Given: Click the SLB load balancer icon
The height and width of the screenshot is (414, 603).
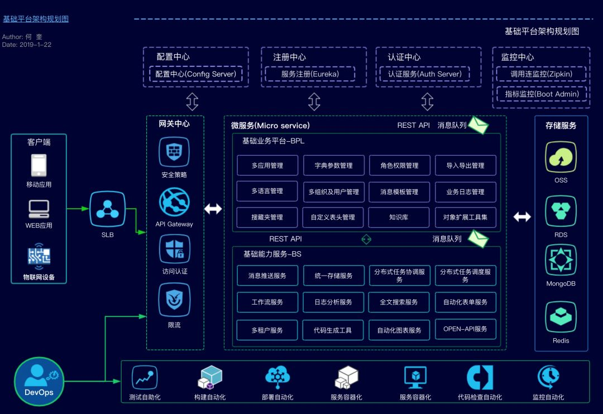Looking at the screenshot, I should tap(107, 209).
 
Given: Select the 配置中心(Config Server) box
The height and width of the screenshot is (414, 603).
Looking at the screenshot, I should tap(195, 74).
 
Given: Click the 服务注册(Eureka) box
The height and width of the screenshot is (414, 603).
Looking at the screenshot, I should tap(310, 74).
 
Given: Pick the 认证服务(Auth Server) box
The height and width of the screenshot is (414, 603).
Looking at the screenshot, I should tap(425, 74).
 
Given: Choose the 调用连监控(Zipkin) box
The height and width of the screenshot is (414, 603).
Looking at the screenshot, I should tap(541, 74).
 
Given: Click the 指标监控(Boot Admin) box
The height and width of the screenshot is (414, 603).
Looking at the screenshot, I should tap(541, 94).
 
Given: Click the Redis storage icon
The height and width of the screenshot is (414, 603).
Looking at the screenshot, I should tap(561, 317).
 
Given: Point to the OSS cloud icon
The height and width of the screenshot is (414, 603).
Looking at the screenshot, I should tap(561, 157).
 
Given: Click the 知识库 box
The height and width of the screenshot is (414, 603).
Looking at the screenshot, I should tap(399, 217).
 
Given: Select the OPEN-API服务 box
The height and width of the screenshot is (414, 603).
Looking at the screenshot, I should tap(465, 329).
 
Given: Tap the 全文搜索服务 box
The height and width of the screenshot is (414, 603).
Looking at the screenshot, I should tap(399, 302).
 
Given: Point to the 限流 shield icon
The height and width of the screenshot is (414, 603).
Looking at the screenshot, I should tap(174, 300).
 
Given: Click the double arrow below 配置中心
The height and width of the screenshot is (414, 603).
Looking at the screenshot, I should tap(192, 102).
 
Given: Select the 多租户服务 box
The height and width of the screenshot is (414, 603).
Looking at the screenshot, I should tap(267, 330).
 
